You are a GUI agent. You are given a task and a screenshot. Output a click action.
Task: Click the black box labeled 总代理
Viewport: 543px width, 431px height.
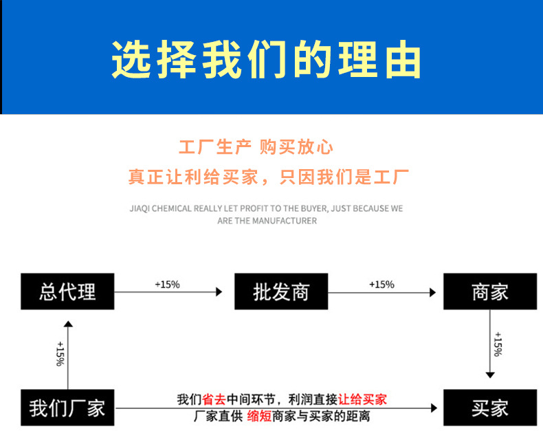tap(67, 291)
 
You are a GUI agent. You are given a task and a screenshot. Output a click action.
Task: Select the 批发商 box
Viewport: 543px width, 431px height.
tap(281, 291)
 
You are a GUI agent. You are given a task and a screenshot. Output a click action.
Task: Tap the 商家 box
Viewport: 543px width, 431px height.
tap(489, 291)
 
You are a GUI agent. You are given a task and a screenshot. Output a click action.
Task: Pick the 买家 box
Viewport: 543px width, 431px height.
tap(489, 408)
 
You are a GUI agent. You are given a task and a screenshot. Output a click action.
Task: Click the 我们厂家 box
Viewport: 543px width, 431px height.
tap(67, 408)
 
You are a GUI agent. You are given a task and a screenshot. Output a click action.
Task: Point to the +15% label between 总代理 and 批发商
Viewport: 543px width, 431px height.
tap(167, 284)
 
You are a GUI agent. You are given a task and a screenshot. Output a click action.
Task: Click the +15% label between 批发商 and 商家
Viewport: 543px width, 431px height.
tap(381, 284)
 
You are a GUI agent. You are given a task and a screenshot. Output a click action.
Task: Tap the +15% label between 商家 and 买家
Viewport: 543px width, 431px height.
tap(498, 344)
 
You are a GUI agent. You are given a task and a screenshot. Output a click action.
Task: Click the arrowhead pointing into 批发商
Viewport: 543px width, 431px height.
tap(219, 292)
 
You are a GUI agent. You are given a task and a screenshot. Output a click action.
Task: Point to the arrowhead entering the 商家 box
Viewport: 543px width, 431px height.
tap(433, 292)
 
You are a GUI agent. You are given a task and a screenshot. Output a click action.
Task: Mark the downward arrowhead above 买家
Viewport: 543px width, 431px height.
tap(489, 375)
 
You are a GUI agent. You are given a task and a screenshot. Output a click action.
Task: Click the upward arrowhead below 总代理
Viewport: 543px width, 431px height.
tap(67, 324)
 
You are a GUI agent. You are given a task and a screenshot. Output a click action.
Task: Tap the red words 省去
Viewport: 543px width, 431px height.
tap(214, 399)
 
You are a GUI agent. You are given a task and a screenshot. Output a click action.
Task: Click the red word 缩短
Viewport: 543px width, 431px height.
tap(259, 416)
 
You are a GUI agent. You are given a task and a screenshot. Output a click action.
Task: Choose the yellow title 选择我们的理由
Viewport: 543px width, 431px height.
tap(267, 60)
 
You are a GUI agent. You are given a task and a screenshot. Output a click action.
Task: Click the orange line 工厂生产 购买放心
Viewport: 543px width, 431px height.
tap(256, 147)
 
